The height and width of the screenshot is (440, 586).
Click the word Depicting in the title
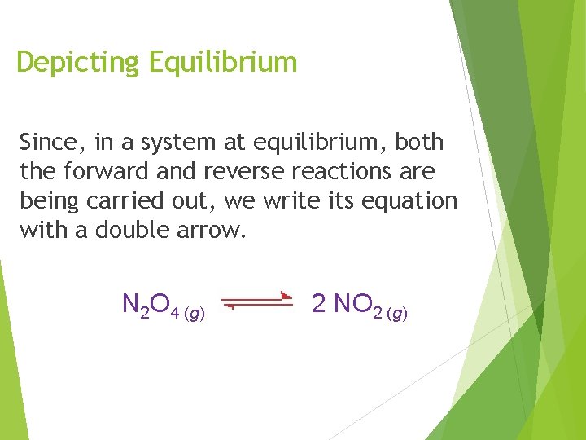(x=78, y=63)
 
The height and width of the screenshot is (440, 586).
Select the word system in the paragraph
(x=177, y=143)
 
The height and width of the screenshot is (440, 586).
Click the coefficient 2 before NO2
(x=319, y=304)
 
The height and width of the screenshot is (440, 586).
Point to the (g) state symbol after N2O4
(x=195, y=313)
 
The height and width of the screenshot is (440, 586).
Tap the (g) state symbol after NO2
(x=397, y=313)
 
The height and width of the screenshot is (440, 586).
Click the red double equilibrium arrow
(x=257, y=301)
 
